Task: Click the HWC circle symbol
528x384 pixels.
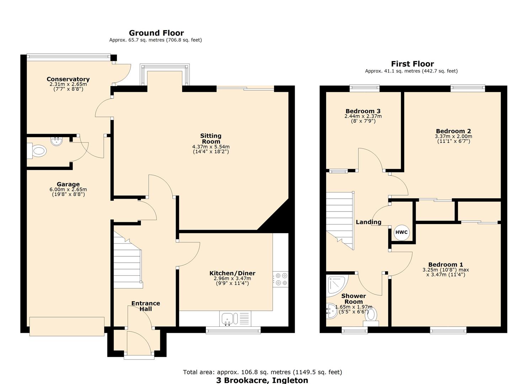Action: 401,233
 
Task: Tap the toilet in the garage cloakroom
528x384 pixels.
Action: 38,151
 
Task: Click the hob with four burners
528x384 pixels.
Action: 281,279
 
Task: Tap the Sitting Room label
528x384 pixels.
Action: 211,138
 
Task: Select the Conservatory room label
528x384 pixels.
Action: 68,79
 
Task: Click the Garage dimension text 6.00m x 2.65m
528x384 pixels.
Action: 68,190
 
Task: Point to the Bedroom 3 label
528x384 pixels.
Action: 363,111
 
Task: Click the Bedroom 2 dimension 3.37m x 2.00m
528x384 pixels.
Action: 453,136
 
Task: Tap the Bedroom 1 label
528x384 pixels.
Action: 446,264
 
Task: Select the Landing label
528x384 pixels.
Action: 368,222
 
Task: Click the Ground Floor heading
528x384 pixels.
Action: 156,33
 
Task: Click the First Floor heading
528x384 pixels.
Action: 412,64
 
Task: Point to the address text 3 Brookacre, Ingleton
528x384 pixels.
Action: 262,380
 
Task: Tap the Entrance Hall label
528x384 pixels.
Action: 145,306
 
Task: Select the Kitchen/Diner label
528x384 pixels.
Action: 232,273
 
